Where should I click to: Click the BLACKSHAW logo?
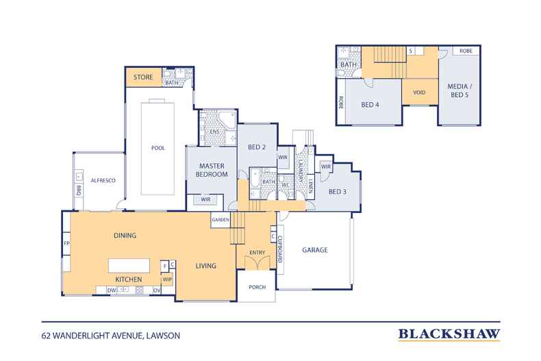click(449, 334)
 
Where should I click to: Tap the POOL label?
click(158, 148)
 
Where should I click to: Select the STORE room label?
click(143, 77)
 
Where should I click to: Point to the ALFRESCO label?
click(103, 181)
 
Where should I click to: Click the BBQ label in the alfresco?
click(78, 190)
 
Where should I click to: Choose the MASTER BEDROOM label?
click(212, 170)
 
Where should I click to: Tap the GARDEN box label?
click(221, 220)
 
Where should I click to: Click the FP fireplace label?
click(66, 243)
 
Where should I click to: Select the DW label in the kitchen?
click(112, 290)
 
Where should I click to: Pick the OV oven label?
click(157, 290)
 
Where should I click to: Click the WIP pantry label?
click(167, 279)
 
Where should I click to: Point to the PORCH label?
click(257, 287)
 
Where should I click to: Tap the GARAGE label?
click(314, 250)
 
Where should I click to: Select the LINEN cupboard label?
click(310, 186)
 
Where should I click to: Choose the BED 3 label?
click(337, 192)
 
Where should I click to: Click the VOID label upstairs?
click(419, 92)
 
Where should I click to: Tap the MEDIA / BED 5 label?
click(460, 90)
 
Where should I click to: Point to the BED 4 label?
click(370, 105)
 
